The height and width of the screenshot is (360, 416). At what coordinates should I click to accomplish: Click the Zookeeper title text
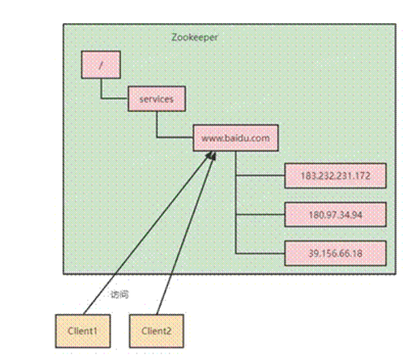194,37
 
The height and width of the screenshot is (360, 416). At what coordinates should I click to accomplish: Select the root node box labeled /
100,64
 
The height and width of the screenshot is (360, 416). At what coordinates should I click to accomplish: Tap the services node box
157,99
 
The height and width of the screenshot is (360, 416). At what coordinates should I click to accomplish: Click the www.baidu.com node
236,138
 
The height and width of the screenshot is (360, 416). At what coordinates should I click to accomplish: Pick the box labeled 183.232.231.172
335,175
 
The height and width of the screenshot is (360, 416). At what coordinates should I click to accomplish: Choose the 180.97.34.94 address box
335,214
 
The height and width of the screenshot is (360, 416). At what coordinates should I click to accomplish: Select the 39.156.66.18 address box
335,253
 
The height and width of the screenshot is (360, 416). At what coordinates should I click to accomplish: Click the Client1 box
83,331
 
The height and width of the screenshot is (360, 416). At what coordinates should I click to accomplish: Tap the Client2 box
157,331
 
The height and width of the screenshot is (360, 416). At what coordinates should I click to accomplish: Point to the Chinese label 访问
119,294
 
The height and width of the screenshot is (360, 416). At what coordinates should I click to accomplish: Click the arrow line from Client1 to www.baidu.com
147,233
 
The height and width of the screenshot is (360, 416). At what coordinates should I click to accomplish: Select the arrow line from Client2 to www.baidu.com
186,234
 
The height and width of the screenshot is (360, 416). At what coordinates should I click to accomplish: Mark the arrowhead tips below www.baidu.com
213,155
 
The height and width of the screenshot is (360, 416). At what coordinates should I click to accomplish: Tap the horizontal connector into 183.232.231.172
260,175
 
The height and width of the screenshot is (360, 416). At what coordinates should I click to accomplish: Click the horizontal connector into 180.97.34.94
260,214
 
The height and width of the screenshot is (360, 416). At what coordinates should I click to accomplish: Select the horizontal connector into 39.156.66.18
260,253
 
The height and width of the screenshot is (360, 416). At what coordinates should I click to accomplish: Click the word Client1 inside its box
82,331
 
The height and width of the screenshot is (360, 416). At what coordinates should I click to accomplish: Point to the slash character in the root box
100,65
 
